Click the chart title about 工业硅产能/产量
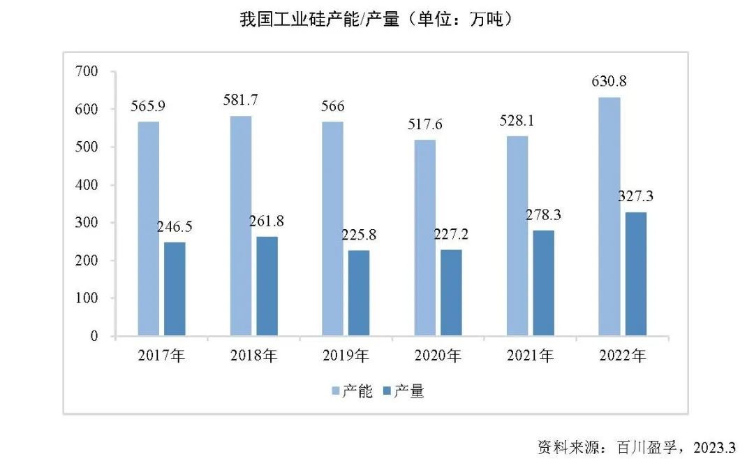pos(377,19)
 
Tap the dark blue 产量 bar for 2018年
pos(267,286)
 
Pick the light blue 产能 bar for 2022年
pos(609,217)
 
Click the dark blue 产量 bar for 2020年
pos(451,293)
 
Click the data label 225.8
pos(359,234)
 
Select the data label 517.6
pos(424,124)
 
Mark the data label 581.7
pos(240,100)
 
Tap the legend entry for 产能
pos(346,391)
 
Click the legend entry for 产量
pos(403,391)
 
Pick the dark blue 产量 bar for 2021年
pos(543,283)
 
